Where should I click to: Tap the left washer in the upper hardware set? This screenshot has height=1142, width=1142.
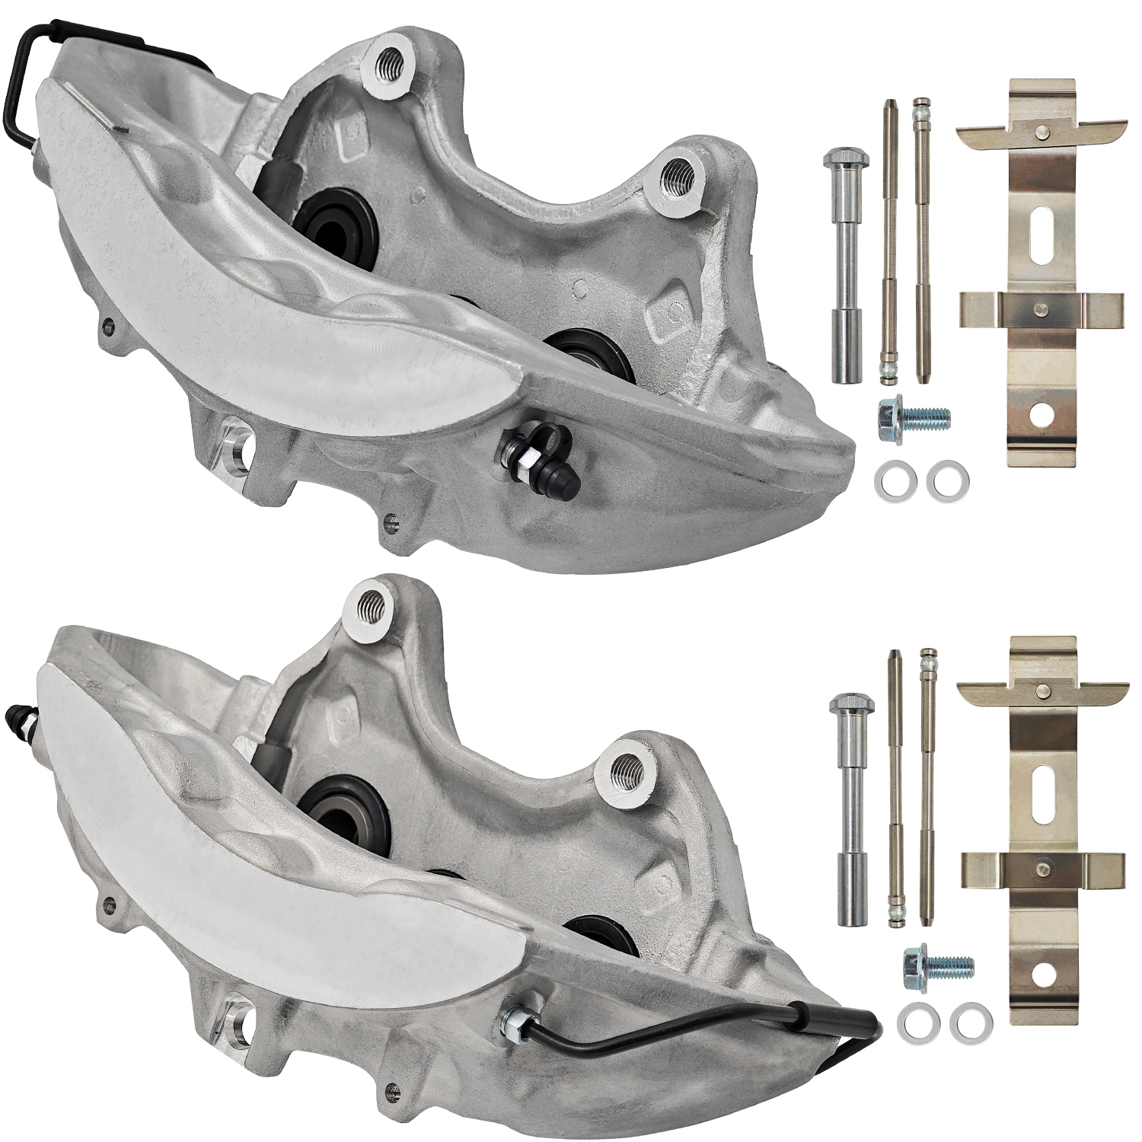tap(889, 481)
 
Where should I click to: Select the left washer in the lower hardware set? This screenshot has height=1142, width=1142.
tap(911, 1018)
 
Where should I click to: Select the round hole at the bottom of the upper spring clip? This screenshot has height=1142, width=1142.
tap(1041, 414)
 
